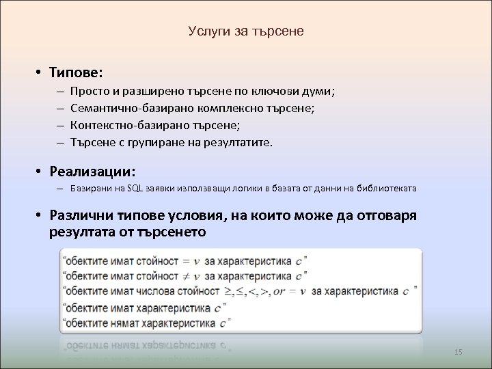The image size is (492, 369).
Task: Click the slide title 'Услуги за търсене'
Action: (246, 31)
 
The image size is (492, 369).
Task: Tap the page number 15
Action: (459, 351)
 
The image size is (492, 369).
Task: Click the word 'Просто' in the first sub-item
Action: (88, 91)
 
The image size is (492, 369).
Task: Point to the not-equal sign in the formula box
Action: (186, 276)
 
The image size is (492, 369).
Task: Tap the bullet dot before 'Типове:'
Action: (41, 71)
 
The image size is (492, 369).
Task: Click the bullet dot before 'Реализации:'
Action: (41, 169)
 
